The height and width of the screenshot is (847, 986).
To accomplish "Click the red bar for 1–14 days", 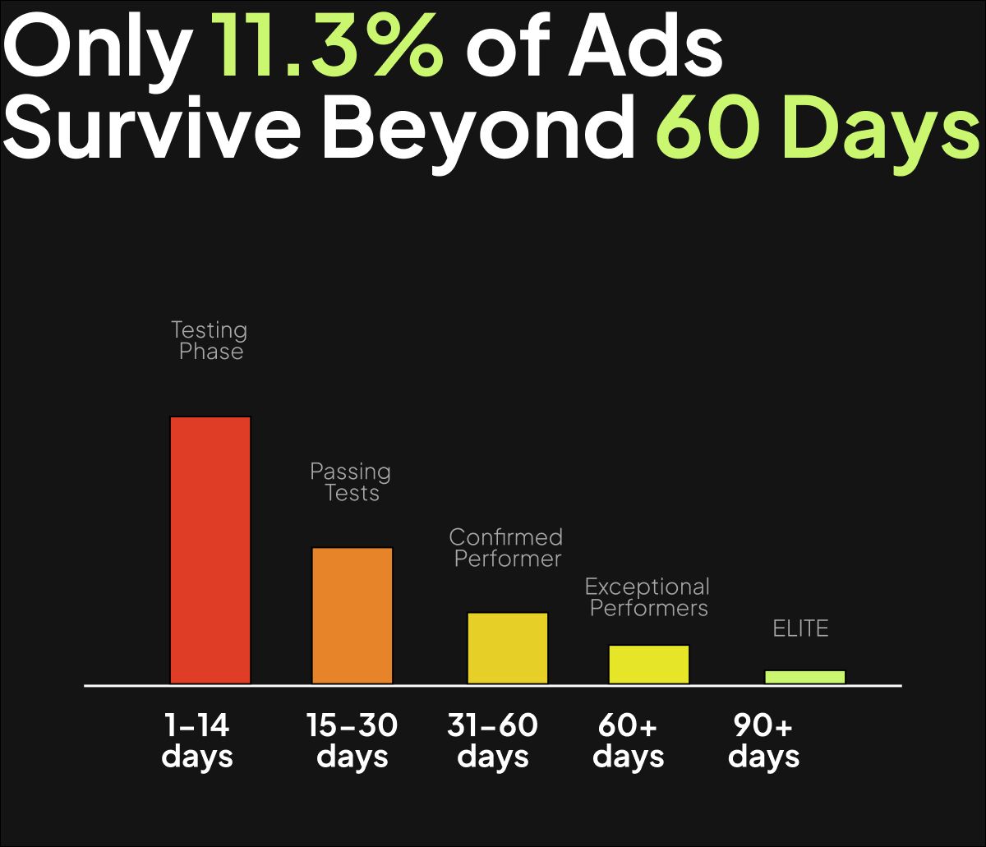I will coord(210,550).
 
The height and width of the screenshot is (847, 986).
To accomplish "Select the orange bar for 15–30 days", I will coord(352,615).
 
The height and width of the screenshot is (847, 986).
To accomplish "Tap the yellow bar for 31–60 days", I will coord(508,647).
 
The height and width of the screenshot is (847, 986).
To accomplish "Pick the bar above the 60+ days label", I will coord(649,664).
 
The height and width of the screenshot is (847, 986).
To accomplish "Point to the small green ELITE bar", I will coord(805,677).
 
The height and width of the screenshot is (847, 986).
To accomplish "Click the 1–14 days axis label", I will coord(197,740).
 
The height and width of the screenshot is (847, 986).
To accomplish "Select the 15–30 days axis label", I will coord(352,740).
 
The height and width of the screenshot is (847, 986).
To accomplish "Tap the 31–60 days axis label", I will coord(493,740).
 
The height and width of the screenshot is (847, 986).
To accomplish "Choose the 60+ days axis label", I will coord(629,740).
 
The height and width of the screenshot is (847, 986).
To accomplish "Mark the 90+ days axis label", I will coord(763,740).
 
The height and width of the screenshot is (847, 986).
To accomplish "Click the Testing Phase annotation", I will coord(210,341).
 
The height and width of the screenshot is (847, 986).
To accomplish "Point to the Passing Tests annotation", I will coord(351,482).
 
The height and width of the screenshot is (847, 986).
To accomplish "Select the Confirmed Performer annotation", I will coord(506,548).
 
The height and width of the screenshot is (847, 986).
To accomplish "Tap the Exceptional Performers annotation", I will coord(647,597).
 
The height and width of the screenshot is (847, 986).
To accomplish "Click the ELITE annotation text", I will coord(801,629).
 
